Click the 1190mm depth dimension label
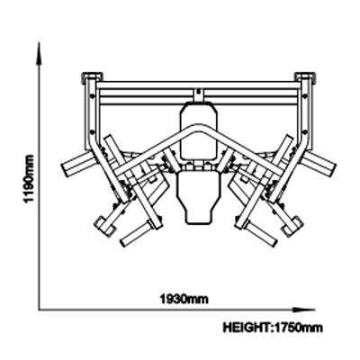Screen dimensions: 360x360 [x=29, y=179]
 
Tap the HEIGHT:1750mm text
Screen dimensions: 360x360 [x=273, y=328]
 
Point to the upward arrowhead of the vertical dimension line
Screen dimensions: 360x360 [x=39, y=53]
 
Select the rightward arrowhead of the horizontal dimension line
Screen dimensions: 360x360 [x=304, y=310]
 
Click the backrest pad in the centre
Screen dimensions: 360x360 [x=198, y=131]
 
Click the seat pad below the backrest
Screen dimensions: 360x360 [x=197, y=196]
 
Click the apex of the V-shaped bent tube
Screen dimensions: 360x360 [x=198, y=127]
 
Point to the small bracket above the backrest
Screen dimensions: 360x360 [x=198, y=94]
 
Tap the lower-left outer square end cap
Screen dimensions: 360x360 [x=104, y=224]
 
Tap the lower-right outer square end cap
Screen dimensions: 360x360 [x=292, y=224]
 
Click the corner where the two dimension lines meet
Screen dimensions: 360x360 [x=39, y=310]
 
